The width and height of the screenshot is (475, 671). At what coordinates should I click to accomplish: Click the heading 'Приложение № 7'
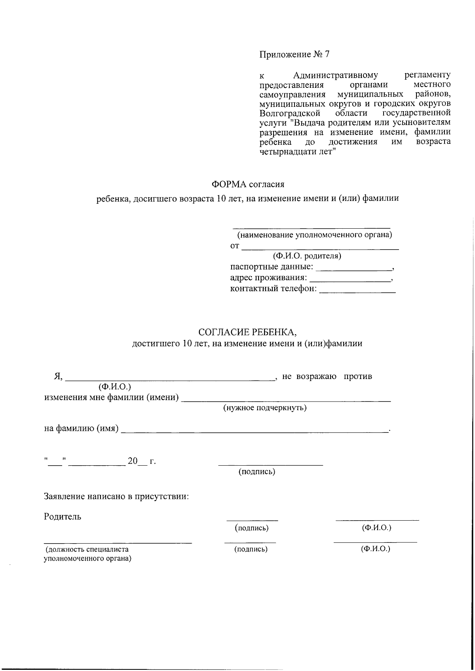click(x=294, y=55)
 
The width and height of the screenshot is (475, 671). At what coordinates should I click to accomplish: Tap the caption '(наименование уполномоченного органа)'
click(x=314, y=235)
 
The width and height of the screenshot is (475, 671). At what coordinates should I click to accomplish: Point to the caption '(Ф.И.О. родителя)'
click(x=307, y=256)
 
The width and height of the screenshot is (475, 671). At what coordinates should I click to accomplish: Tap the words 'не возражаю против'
click(x=327, y=376)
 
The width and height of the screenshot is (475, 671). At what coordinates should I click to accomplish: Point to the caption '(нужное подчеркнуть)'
click(x=265, y=408)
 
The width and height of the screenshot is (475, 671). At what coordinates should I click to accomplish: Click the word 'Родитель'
click(x=63, y=516)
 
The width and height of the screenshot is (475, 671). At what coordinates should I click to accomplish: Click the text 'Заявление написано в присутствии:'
click(x=116, y=496)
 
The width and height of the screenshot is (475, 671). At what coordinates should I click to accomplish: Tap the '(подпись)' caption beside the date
click(x=256, y=472)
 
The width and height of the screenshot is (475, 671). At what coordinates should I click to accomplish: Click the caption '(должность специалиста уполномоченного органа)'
click(x=87, y=554)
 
